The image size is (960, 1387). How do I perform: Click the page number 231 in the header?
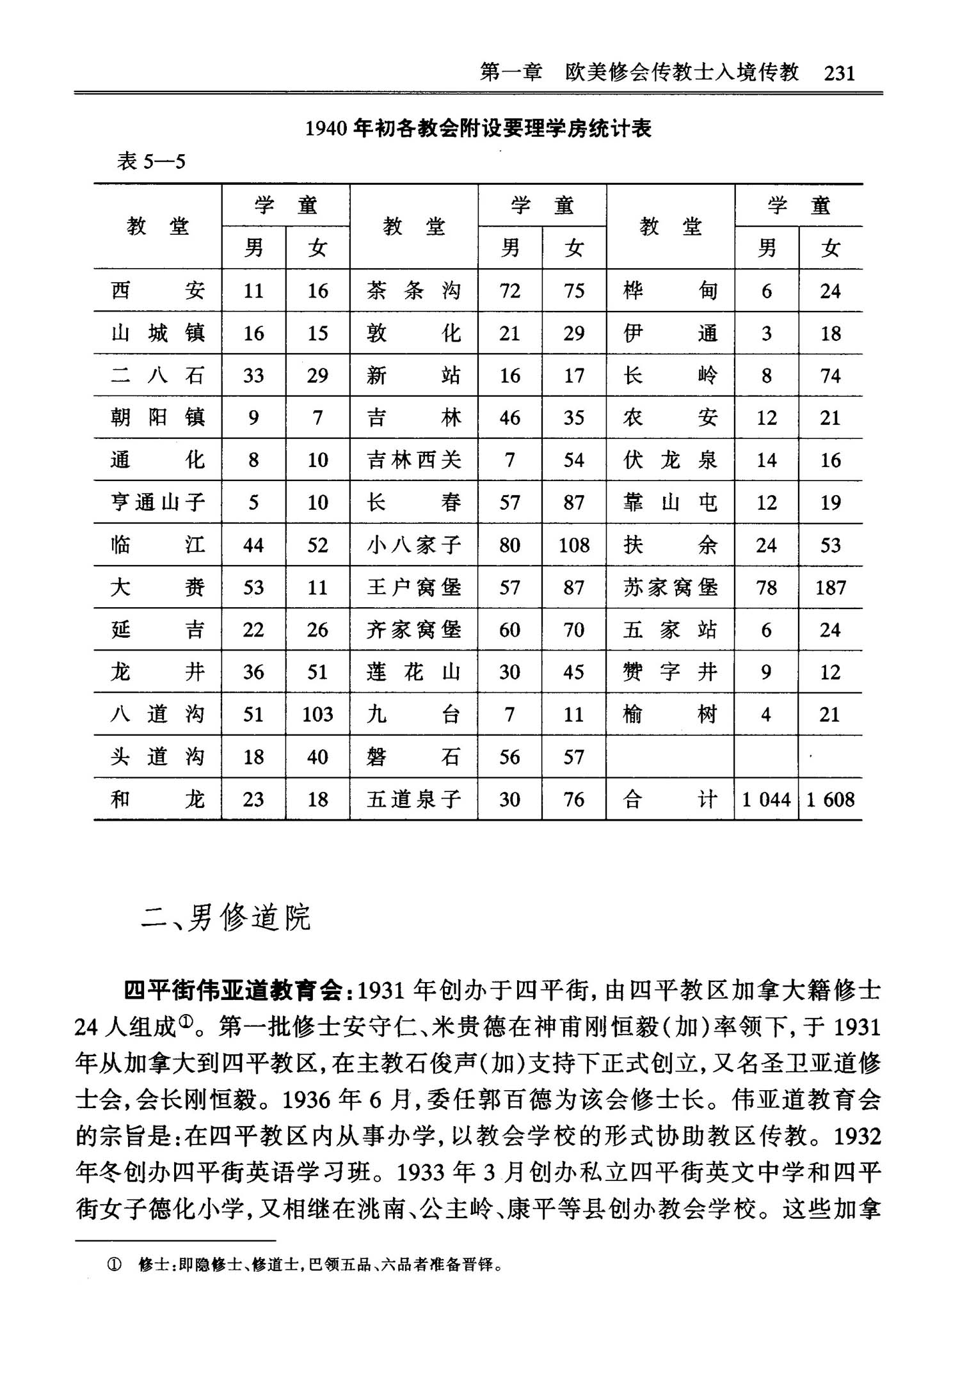839,73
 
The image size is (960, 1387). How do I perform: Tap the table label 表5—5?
151,161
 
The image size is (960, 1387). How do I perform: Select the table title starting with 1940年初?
478,129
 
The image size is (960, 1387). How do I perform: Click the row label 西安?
157,291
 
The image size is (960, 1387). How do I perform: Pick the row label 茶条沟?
413,291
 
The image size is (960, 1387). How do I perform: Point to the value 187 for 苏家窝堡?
830,587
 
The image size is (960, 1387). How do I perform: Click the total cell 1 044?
766,800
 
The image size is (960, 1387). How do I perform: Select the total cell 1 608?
830,800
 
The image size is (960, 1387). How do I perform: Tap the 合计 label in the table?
669,800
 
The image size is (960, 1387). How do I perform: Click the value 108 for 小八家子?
573,545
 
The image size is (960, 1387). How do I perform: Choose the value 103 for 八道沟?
317,715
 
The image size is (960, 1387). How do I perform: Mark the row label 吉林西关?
413,460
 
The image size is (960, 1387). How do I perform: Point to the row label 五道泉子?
413,800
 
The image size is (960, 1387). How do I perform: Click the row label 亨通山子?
157,502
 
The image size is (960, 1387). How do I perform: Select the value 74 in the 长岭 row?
830,376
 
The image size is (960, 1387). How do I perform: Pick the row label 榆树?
669,715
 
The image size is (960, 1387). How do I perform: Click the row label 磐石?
413,757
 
